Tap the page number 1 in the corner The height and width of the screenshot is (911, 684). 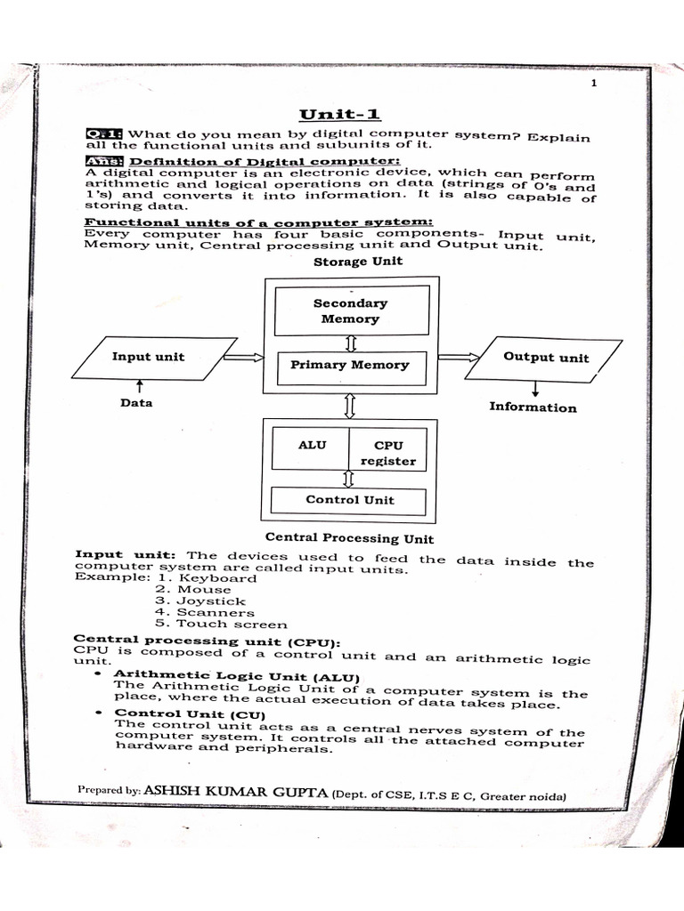(592, 83)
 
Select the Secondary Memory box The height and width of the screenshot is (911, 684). (350, 310)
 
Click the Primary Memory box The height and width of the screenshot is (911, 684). (350, 365)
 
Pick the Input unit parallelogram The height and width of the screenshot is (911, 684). (148, 358)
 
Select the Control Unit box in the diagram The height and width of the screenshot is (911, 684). (349, 500)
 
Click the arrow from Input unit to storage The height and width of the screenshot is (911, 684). (244, 358)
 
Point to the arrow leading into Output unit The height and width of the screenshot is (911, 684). (459, 358)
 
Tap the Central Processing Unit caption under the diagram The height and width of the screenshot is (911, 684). (350, 538)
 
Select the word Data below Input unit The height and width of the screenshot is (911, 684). (136, 403)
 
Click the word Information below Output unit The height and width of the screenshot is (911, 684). (533, 407)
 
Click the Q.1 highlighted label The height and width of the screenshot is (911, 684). (104, 133)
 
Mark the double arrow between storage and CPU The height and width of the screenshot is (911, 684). (349, 407)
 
